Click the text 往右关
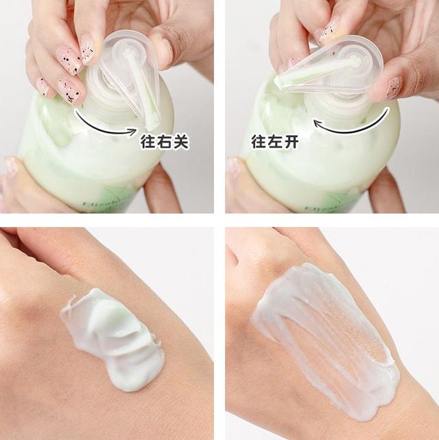(x=165, y=141)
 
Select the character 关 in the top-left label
(x=180, y=141)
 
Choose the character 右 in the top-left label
(x=165, y=141)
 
